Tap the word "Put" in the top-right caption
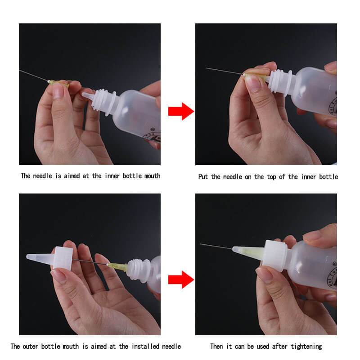[203, 177]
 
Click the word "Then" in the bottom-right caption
[218, 346]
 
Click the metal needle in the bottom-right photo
[216, 246]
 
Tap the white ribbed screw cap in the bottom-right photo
[275, 255]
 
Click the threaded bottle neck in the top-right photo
[279, 81]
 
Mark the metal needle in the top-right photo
[223, 71]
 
